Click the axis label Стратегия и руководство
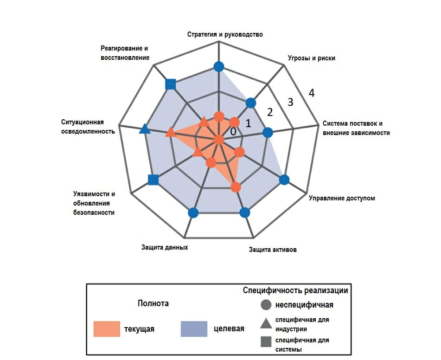click(225, 34)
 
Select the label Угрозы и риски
click(311, 58)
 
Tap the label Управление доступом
click(342, 198)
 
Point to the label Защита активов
click(273, 250)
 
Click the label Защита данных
click(165, 247)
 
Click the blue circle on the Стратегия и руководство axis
click(219, 67)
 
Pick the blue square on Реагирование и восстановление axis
click(171, 84)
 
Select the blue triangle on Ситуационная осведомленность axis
click(145, 129)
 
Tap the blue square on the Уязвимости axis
click(153, 180)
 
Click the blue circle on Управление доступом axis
click(284, 180)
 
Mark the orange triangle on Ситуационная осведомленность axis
click(171, 132)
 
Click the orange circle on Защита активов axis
click(236, 187)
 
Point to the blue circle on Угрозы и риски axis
click(250, 103)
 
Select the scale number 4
click(311, 93)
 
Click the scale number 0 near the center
click(233, 131)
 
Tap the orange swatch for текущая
click(107, 329)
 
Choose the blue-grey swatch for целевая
click(194, 329)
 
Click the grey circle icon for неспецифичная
click(266, 304)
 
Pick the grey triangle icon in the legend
click(266, 323)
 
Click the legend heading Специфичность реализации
click(295, 290)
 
